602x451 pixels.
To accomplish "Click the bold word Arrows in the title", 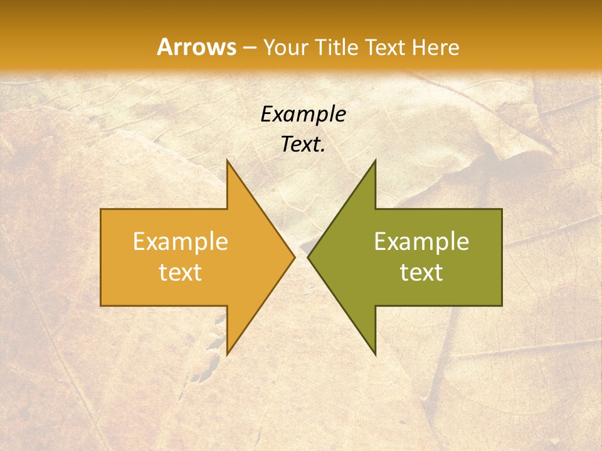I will point(196,47).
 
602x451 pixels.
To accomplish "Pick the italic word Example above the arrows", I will point(303,115).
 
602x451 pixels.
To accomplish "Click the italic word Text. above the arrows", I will point(303,145).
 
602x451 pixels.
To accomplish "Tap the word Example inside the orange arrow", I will point(180,242).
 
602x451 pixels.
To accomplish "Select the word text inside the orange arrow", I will point(180,272).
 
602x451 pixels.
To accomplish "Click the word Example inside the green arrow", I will point(421,242).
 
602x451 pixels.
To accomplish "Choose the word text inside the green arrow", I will point(421,272).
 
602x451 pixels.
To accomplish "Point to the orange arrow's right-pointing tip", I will point(294,257).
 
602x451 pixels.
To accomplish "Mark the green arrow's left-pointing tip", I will point(308,257).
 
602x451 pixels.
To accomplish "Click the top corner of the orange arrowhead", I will point(227,160).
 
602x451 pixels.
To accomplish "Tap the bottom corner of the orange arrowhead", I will point(227,355).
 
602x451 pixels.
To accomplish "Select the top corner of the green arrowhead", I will point(375,160).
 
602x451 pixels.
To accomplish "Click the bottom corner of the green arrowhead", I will point(375,355).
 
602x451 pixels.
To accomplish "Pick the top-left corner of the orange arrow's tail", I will point(101,209).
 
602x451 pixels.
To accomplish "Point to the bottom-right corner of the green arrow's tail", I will point(502,306).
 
